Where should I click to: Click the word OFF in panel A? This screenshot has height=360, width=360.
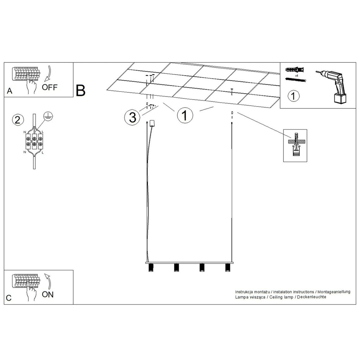point(49,87)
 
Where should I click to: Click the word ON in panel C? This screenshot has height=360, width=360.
point(48,294)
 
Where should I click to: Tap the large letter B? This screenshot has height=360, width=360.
point(80,91)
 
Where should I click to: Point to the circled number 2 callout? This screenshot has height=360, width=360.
point(18,120)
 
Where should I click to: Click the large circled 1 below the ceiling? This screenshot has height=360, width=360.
point(185,115)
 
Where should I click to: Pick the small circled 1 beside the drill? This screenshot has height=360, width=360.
point(293,96)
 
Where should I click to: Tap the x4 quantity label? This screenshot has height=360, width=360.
point(296,76)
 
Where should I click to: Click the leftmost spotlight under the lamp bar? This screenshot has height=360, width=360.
point(151,267)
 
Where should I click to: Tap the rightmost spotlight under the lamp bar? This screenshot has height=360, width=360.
point(227,267)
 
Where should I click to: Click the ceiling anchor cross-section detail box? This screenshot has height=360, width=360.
point(295,145)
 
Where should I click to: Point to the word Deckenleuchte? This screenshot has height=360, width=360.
point(311,297)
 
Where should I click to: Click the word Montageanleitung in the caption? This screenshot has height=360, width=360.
point(334,292)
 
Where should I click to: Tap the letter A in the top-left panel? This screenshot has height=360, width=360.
point(10,91)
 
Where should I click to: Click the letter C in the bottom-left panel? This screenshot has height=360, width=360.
point(9,298)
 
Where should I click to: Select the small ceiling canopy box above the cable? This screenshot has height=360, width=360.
point(152,123)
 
